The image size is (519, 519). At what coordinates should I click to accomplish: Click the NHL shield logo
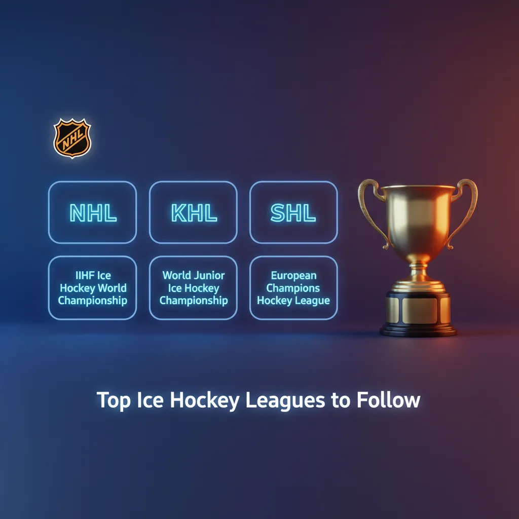72,137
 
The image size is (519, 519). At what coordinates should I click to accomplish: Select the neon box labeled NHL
92,212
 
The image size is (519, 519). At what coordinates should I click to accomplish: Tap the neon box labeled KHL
193,212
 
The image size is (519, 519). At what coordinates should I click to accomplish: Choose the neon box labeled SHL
293,212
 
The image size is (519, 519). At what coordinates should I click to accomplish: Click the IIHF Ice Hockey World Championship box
92,288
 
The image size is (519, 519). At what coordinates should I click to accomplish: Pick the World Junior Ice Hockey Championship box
193,288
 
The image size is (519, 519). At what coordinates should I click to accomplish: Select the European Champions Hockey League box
293,288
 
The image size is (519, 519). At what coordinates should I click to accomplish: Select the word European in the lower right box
293,276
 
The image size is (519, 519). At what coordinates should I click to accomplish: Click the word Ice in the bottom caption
150,400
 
